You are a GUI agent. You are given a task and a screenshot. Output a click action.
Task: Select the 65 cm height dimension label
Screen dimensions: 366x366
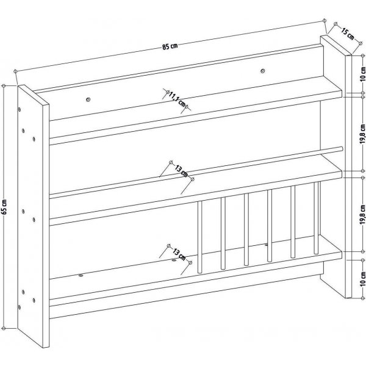point(5,207)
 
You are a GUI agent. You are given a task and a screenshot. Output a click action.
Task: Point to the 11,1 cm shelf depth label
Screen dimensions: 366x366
point(177,99)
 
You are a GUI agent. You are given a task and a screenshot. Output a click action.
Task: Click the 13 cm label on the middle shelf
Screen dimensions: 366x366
point(180,171)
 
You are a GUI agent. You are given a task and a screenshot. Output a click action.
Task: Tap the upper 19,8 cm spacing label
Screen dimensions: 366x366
point(362,135)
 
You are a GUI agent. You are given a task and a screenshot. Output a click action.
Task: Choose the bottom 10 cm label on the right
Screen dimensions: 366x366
point(362,278)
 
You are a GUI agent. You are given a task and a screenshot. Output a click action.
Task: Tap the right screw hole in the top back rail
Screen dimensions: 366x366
point(264,71)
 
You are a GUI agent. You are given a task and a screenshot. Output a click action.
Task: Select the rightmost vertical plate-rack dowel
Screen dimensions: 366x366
point(316,217)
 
